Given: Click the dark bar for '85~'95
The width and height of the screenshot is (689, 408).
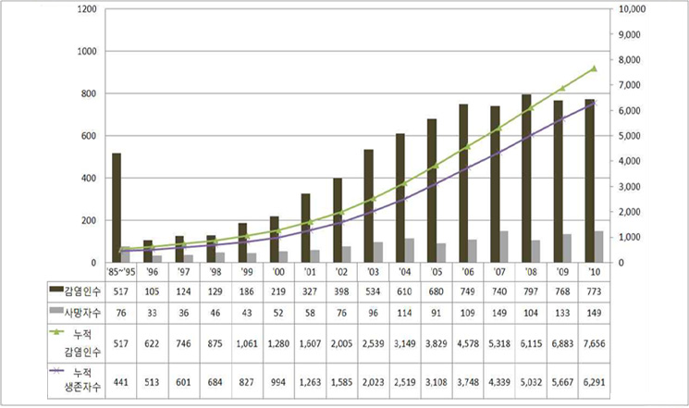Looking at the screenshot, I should pos(117,208).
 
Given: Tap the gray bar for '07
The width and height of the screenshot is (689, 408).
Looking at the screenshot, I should pos(503,247).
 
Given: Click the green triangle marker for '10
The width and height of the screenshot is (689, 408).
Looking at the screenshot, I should pos(595,68).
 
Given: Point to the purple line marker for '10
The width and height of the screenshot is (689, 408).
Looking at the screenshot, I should pos(595,103).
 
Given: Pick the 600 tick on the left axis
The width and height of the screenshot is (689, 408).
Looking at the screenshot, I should pos(88,136).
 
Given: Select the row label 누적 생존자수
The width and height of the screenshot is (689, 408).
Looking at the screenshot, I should pos(72,382).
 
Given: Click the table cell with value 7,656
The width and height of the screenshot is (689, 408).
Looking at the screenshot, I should pos(595,343).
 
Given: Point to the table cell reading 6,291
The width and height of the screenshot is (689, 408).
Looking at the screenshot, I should pos(595,382).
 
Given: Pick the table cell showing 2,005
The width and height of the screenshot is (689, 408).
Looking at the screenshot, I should pos(338,343).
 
